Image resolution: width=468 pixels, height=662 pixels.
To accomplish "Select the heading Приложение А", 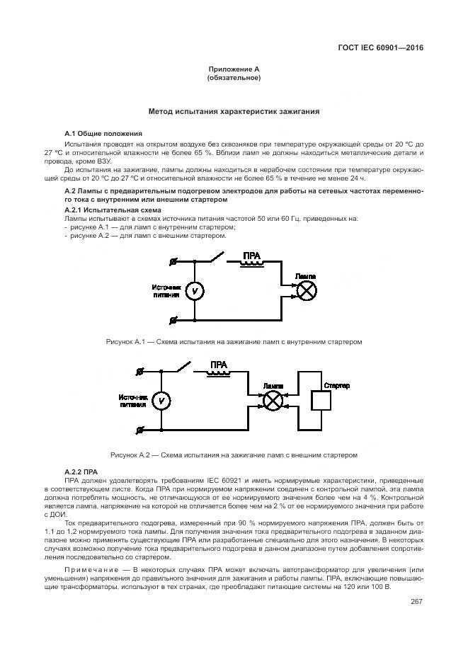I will coord(234,69).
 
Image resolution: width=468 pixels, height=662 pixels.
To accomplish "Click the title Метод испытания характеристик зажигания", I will coord(234,111).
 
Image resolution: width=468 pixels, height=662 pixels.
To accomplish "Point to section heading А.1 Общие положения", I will coord(103,133).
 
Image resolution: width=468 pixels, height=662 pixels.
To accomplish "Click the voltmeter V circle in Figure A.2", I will coord(161,401).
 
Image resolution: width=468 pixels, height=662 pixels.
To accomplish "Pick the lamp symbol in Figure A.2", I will coord(273,401).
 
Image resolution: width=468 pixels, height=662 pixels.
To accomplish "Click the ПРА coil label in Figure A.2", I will coord(218,364).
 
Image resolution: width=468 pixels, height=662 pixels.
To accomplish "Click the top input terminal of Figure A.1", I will coord(173,261).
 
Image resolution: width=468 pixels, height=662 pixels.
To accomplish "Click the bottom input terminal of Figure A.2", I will coord(139,430).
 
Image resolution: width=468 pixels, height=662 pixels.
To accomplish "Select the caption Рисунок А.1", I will coord(234,342).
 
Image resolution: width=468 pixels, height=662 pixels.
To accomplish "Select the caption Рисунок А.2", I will coord(234,453).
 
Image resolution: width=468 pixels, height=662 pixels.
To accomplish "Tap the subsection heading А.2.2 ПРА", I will coord(80,471).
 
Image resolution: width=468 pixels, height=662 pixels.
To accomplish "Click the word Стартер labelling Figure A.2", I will coord(336,384).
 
